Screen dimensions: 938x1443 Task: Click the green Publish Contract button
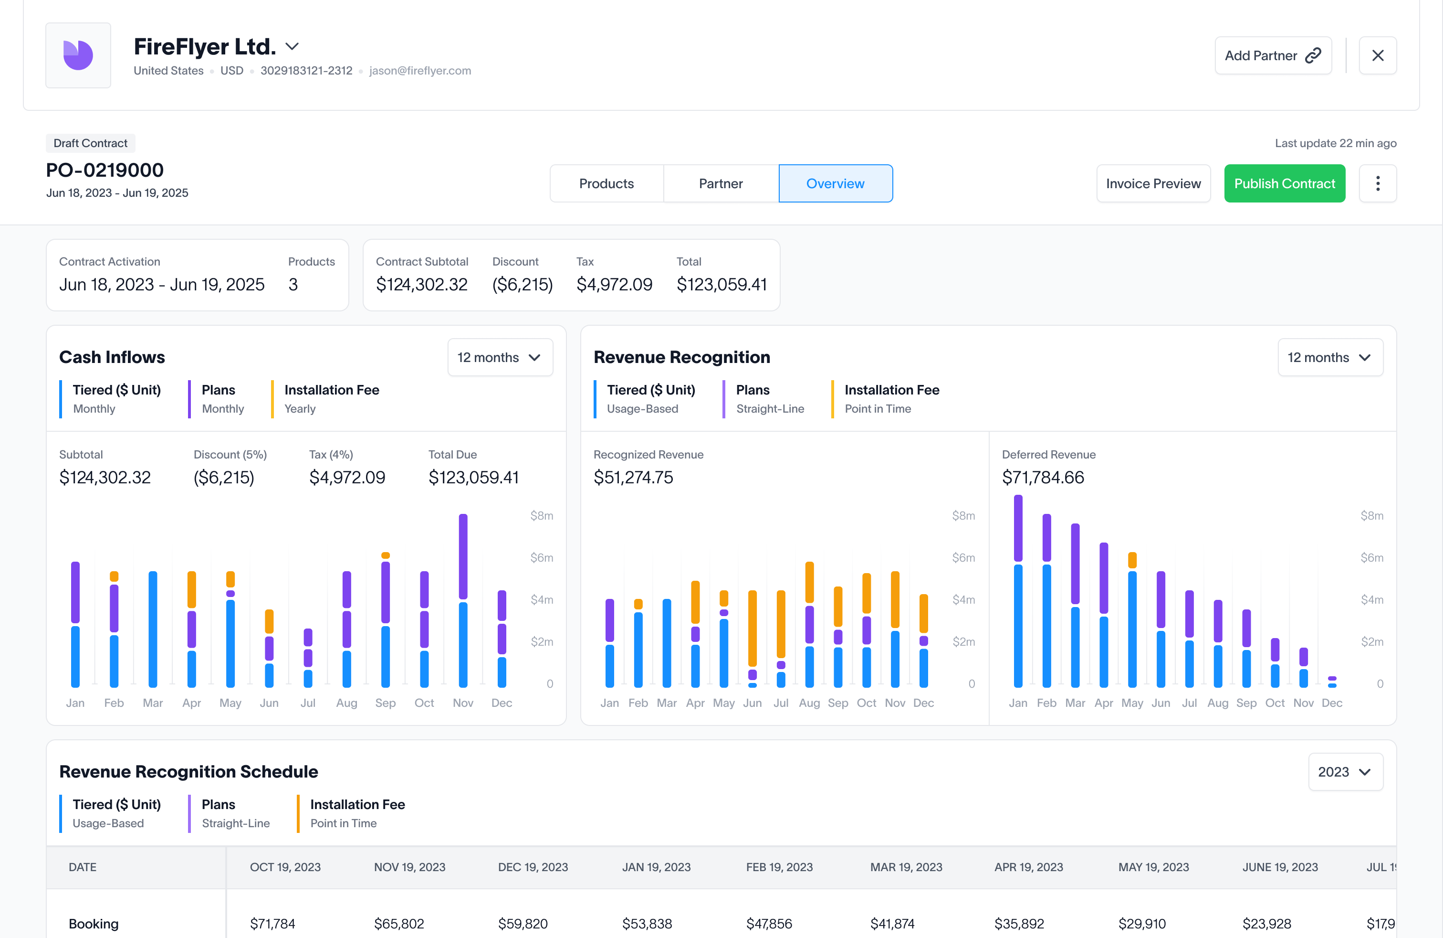tap(1284, 183)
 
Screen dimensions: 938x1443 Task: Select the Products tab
tap(606, 183)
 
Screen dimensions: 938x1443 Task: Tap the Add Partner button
tap(1273, 55)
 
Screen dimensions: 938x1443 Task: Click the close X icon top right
tap(1378, 55)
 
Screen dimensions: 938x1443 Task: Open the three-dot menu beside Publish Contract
tap(1378, 183)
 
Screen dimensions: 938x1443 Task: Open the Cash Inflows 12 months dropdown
tap(500, 357)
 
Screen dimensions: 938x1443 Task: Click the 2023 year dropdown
tap(1345, 772)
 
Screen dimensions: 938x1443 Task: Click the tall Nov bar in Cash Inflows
tap(463, 601)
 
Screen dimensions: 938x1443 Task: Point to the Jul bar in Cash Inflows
tap(308, 658)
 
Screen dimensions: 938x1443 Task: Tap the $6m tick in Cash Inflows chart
tap(542, 557)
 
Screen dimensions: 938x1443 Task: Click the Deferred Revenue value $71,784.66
tap(1043, 478)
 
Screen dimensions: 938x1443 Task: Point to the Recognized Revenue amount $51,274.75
tap(633, 478)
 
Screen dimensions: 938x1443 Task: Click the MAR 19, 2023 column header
tap(906, 867)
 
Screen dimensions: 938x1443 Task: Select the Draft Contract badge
tap(90, 143)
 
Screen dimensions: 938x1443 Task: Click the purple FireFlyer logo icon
tap(78, 55)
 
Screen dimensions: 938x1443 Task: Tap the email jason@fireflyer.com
tap(419, 70)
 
